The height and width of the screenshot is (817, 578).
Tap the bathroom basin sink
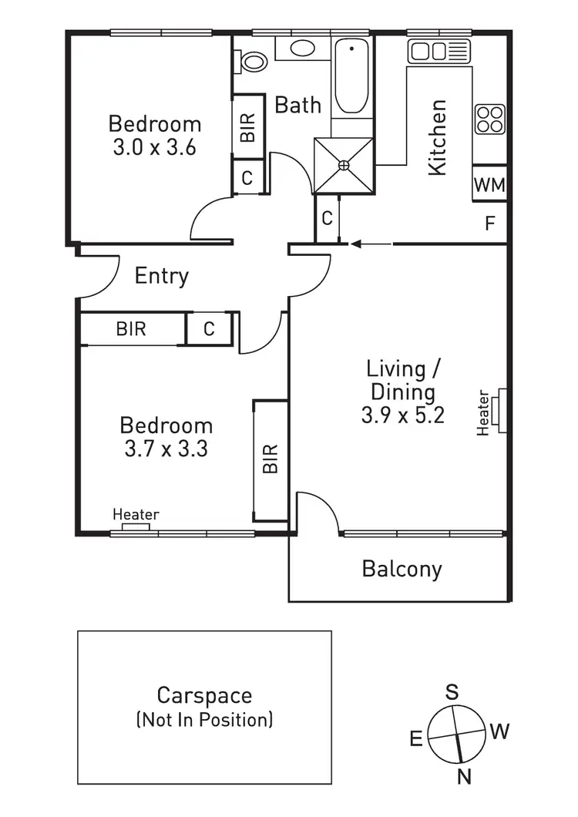point(301,49)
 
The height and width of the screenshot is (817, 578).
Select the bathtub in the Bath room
point(352,77)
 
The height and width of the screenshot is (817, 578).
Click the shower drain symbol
point(344,164)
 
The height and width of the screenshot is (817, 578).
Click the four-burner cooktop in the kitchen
point(489,119)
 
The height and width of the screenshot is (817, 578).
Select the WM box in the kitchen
point(489,184)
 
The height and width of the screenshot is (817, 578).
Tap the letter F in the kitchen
point(489,224)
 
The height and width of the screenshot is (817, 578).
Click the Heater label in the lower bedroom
point(136,515)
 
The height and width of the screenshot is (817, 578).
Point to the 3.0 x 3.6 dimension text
point(154,146)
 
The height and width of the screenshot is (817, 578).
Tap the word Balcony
point(402,570)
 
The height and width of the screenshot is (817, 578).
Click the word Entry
point(162,276)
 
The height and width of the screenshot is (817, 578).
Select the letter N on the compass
point(464,777)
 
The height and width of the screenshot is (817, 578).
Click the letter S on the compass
point(452,691)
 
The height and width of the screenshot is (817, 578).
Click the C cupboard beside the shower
point(327,219)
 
